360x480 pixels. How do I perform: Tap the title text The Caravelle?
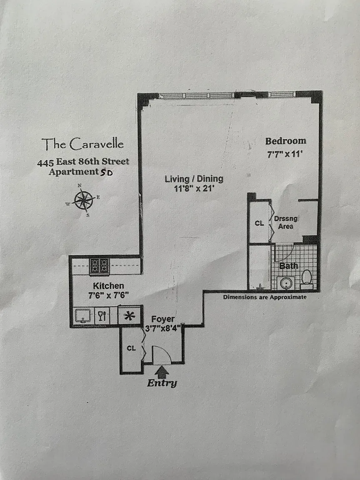pyautogui.click(x=82, y=144)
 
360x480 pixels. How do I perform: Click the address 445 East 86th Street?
pyautogui.click(x=83, y=162)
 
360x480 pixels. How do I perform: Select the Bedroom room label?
pyautogui.click(x=285, y=141)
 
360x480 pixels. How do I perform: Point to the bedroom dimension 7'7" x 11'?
pyautogui.click(x=285, y=154)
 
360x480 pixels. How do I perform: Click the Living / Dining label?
pyautogui.click(x=194, y=179)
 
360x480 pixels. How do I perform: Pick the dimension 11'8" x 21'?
pyautogui.click(x=193, y=188)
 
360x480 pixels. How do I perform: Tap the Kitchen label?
pyautogui.click(x=108, y=286)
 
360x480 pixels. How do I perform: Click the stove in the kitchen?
pyautogui.click(x=99, y=266)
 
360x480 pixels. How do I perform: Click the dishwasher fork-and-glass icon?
pyautogui.click(x=102, y=315)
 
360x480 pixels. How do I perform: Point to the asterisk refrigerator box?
pyautogui.click(x=129, y=315)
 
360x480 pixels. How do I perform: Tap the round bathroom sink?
pyautogui.click(x=286, y=283)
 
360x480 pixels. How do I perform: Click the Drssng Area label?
pyautogui.click(x=285, y=222)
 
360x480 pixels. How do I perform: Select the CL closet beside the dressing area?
pyautogui.click(x=259, y=223)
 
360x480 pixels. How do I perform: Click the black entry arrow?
pyautogui.click(x=162, y=372)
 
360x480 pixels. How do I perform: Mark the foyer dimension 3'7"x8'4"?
pyautogui.click(x=163, y=329)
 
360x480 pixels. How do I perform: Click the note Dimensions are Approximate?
pyautogui.click(x=265, y=297)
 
